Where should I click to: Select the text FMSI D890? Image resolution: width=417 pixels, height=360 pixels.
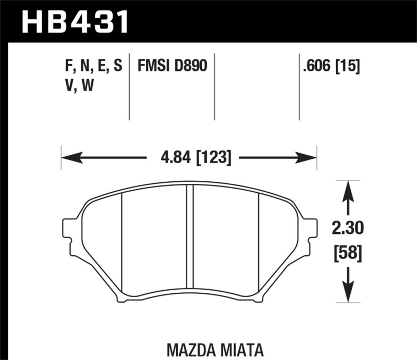click(x=172, y=66)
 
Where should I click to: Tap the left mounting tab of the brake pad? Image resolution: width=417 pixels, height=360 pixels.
click(x=68, y=229)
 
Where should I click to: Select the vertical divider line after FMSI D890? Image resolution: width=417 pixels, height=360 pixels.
click(x=215, y=86)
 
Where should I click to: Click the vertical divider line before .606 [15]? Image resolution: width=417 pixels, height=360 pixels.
click(x=299, y=86)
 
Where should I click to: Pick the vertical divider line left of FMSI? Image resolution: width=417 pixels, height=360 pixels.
click(x=129, y=86)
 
